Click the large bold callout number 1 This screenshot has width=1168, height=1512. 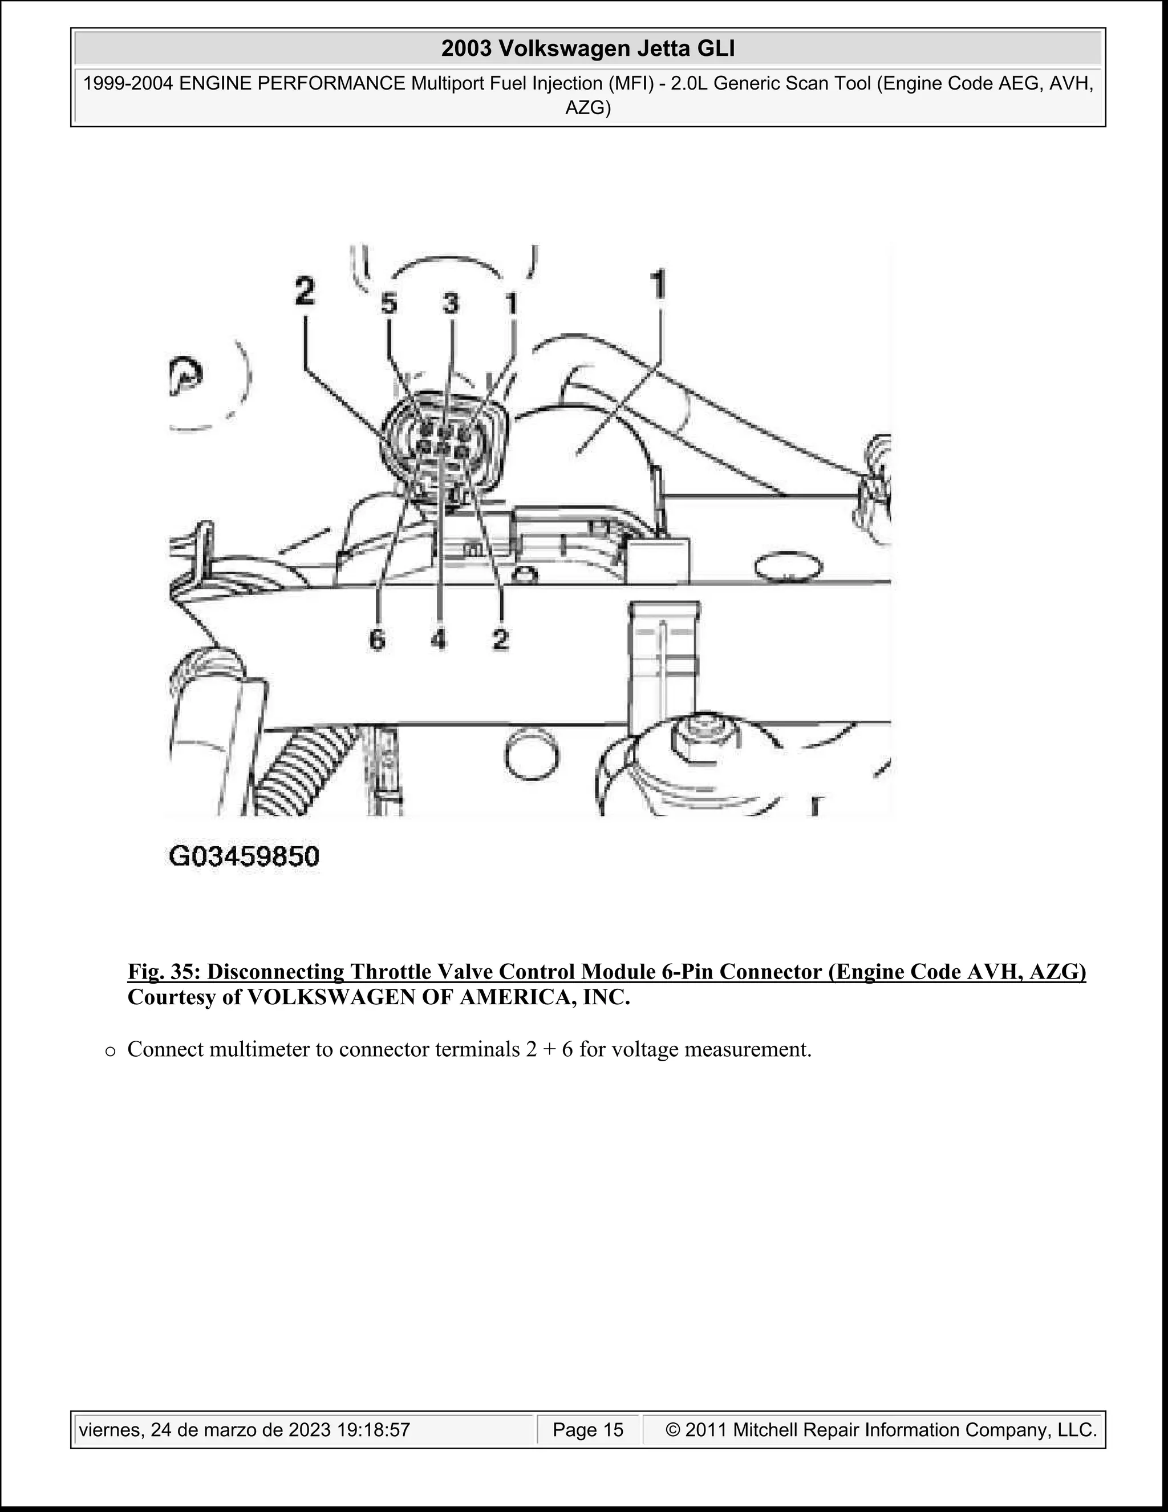(x=658, y=285)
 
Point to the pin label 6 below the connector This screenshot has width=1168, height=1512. (x=377, y=640)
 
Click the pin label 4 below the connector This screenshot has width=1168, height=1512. (x=438, y=640)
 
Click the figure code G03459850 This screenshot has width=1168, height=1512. (x=244, y=857)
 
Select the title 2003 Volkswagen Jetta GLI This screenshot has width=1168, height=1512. (x=587, y=49)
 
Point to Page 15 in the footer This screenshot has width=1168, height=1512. (x=588, y=1430)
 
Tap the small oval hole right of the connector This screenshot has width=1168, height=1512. (x=789, y=567)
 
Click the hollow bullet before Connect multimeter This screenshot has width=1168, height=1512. (x=109, y=1051)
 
